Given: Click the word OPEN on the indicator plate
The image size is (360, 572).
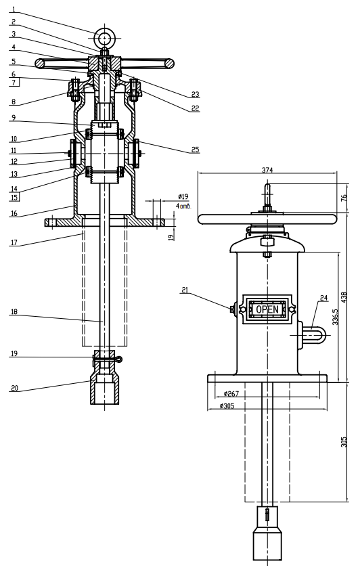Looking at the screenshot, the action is pos(267,309).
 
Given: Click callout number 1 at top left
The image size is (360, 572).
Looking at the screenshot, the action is pos(14,9).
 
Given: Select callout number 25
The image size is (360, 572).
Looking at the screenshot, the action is pos(195,150).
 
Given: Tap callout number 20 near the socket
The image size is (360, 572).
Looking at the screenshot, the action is pos(14,388).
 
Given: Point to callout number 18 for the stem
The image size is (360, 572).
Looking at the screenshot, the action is pos(14,312).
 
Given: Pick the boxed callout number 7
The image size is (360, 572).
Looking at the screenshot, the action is pos(14,83).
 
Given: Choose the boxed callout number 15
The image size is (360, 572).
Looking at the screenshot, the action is pos(14,198).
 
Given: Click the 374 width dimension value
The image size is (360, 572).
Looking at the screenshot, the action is pos(267,170).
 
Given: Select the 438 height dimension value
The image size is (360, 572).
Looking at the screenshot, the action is pos(344,296).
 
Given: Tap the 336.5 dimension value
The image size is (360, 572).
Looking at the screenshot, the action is pos(336,317).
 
